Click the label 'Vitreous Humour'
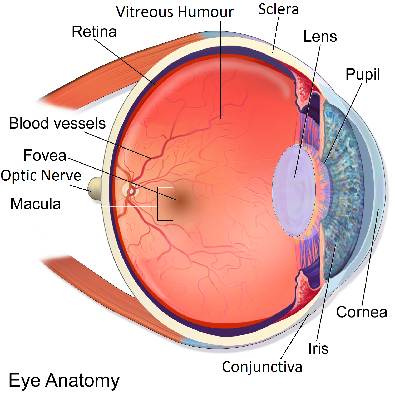coord(175,12)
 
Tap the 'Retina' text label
coord(94,32)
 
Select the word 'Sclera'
coord(278,9)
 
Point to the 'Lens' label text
coord(320,36)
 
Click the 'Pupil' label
coord(363,74)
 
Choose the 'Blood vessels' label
coord(57,123)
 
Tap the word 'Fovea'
coord(45,155)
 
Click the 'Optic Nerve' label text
coord(41,175)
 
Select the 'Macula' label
coord(36,204)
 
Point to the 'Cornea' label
coord(362,312)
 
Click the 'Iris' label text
coord(318,349)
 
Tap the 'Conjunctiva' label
coord(262,367)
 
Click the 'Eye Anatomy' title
coord(64,381)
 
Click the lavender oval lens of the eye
coord(294,191)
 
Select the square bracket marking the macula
coord(158,204)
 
